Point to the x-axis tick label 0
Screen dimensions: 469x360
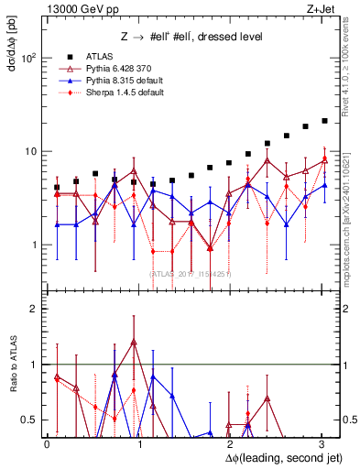pos(47,442)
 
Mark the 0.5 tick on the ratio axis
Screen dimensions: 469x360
pos(30,420)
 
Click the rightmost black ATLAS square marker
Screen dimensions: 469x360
pos(325,121)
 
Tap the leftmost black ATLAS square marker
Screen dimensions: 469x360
pos(57,187)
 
